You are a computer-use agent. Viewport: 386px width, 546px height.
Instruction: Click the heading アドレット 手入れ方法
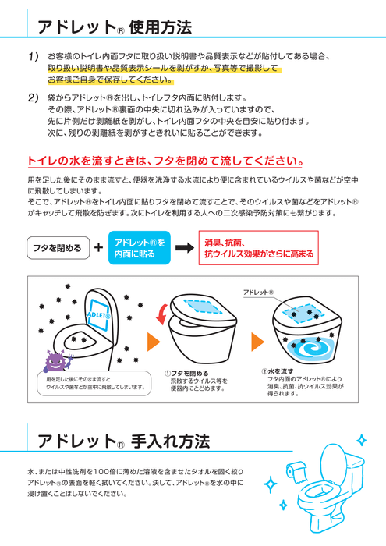click(123, 441)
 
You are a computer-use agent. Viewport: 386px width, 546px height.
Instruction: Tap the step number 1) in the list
click(34, 58)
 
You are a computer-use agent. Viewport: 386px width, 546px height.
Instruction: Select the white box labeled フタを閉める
click(56, 248)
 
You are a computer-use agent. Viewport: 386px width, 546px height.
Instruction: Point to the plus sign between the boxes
click(98, 248)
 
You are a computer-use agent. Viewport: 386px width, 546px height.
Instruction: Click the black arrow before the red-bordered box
click(184, 248)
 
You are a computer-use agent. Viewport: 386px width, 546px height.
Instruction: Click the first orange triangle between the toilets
click(154, 343)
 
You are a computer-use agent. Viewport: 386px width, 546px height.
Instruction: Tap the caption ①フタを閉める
click(186, 374)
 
